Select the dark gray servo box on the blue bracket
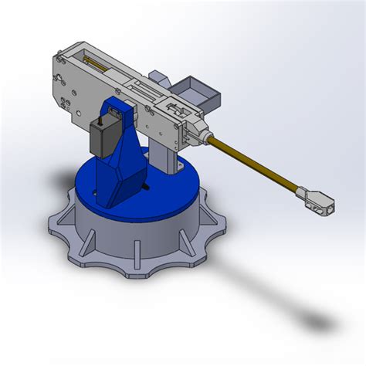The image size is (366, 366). [101, 137]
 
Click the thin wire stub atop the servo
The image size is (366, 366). [104, 117]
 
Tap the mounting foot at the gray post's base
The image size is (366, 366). [179, 168]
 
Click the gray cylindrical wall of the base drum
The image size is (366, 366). [108, 236]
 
